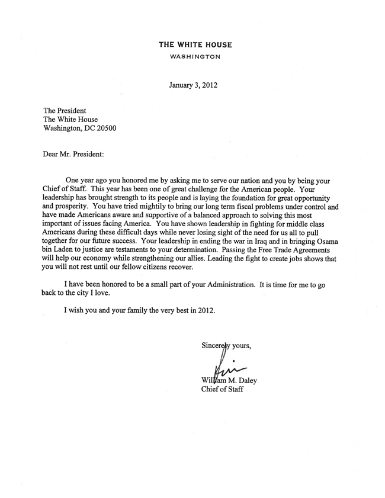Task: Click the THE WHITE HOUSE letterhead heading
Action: click(195, 45)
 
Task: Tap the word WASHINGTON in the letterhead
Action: click(195, 57)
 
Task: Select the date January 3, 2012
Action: click(193, 85)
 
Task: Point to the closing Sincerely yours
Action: click(226, 347)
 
